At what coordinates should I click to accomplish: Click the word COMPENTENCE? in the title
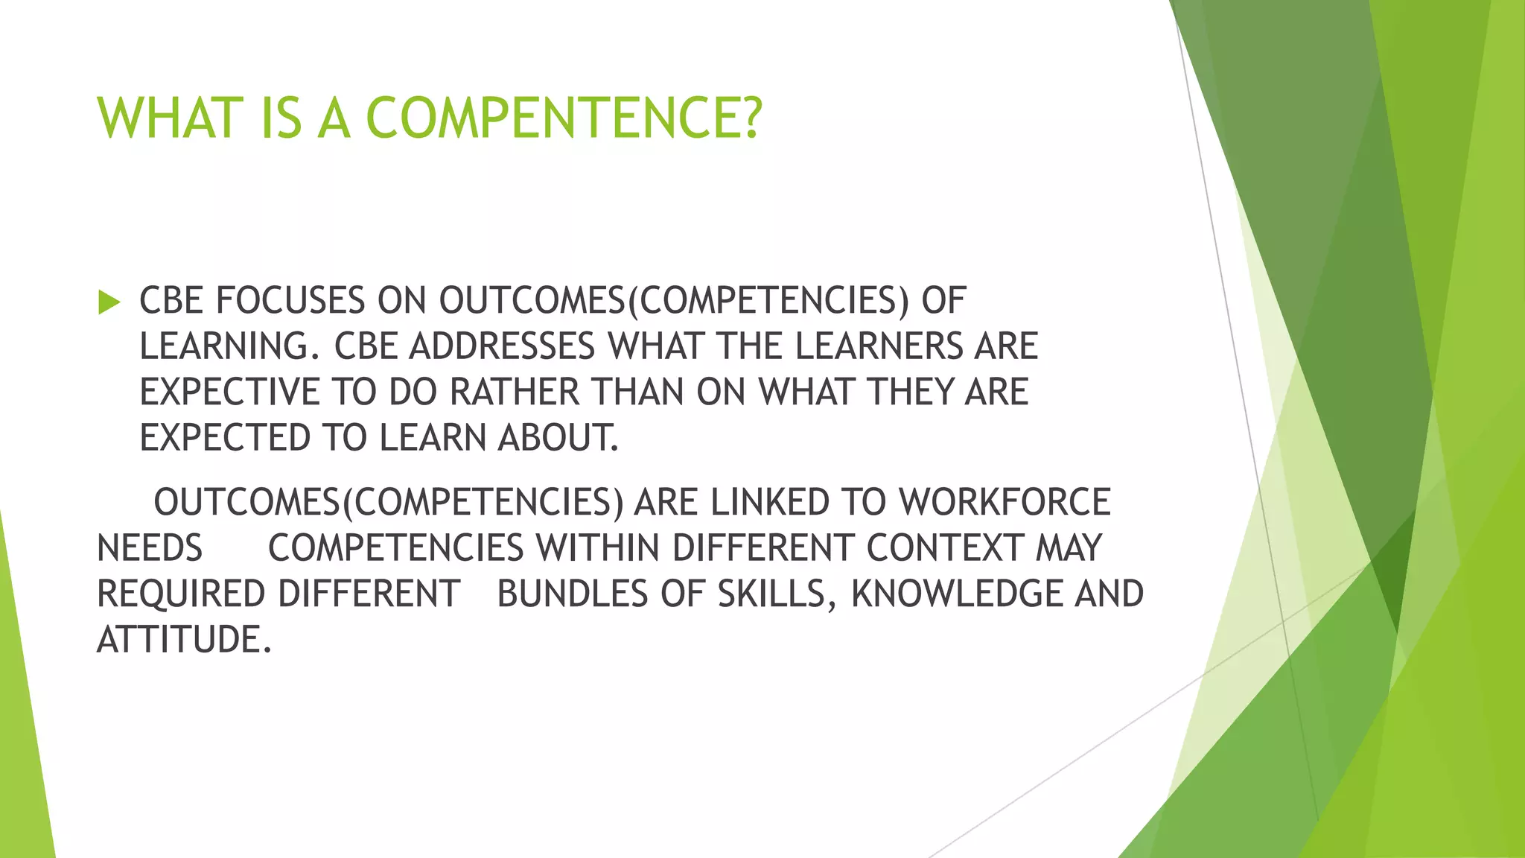coord(564,118)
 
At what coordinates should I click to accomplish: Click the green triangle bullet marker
coord(109,302)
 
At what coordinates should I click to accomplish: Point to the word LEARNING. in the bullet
coord(229,346)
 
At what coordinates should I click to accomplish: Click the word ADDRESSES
coord(501,346)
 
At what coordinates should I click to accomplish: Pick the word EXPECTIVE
coord(229,393)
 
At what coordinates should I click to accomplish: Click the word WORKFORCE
coord(1005,502)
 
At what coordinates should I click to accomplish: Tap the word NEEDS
coord(150,548)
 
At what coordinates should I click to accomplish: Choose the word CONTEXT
coord(945,548)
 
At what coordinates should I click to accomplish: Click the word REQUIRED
coord(181,594)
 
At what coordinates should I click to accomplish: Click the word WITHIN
coord(598,548)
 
